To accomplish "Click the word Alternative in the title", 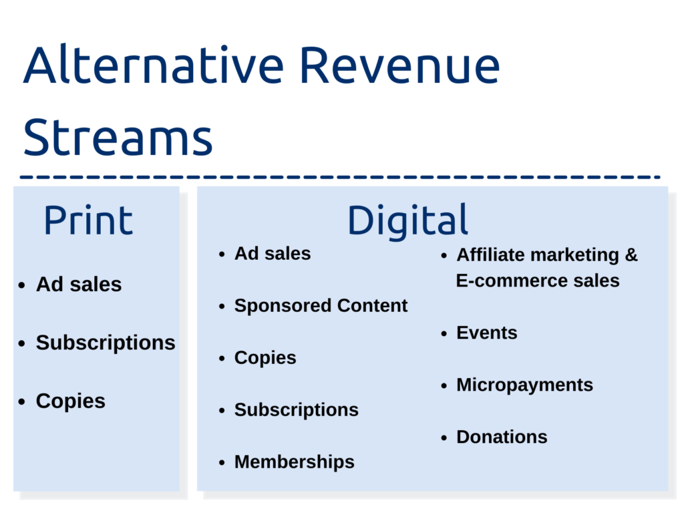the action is [154, 65].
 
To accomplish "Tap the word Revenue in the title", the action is [400, 65].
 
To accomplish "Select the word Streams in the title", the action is [118, 137].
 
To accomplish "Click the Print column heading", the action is [89, 220].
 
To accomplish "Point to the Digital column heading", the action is [407, 221].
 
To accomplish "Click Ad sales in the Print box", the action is [79, 285].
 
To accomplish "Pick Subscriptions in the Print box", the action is [106, 343].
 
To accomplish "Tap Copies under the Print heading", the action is [71, 401].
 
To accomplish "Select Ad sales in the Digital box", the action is [273, 253].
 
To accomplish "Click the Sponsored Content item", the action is [321, 305].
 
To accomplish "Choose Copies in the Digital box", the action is [265, 358].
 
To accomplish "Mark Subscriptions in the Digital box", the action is [297, 409].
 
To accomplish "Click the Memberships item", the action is [295, 462].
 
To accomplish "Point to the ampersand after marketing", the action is [631, 254].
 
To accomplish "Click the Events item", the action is [487, 333].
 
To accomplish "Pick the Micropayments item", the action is [525, 385].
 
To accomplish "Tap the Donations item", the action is [502, 437].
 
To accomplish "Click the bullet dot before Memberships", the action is [222, 462].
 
